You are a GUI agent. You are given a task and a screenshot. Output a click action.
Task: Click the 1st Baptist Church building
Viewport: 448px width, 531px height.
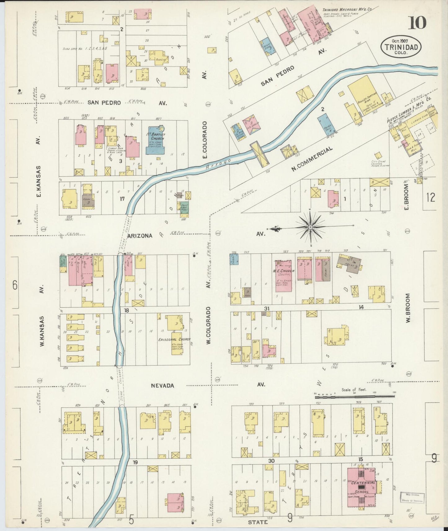point(156,140)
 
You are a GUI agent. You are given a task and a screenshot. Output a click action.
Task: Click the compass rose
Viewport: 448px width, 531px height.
point(310,227)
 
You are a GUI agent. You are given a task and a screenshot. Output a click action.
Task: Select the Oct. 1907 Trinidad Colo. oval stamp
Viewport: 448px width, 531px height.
point(401,47)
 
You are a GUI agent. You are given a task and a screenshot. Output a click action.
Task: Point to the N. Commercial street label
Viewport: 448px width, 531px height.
point(312,159)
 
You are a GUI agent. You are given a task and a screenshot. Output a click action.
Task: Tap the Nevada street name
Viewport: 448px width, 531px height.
point(162,386)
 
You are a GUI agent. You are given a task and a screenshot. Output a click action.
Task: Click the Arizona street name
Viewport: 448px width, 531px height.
point(140,236)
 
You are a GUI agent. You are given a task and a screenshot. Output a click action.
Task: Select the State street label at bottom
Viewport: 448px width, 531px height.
point(258,522)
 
